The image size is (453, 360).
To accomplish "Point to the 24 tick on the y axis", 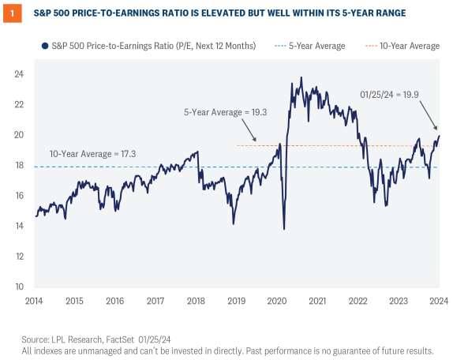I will (x=19, y=74).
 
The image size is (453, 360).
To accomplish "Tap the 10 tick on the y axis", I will (x=19, y=287).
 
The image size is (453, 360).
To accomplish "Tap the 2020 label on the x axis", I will (x=278, y=301).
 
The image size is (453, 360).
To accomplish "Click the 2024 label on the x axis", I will (x=439, y=301).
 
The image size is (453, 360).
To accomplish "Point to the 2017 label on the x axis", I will (x=156, y=301).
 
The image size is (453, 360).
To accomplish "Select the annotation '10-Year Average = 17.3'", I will (x=93, y=154).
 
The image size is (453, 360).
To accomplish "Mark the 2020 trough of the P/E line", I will (x=284, y=229).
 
